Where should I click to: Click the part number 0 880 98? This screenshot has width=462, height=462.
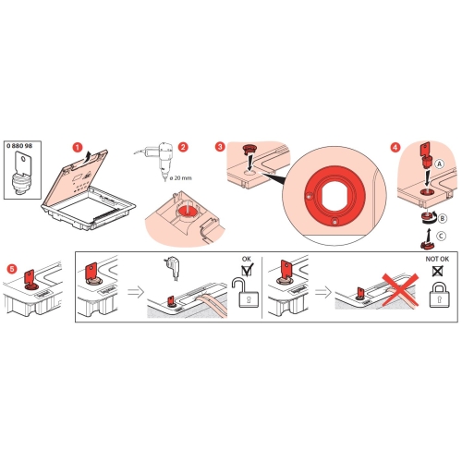click(x=19, y=145)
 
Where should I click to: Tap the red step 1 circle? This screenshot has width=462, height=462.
click(x=78, y=147)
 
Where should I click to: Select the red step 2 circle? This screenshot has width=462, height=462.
click(x=183, y=147)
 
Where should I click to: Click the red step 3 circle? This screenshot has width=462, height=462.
click(x=220, y=147)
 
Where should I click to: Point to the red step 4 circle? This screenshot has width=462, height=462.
click(x=395, y=147)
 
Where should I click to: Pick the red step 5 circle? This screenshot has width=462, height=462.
click(x=12, y=269)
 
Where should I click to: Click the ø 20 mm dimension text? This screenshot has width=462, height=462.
click(x=180, y=178)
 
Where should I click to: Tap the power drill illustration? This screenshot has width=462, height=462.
click(x=154, y=160)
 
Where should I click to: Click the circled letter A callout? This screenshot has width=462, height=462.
click(x=440, y=164)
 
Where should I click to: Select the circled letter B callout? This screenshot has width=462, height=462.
click(x=442, y=218)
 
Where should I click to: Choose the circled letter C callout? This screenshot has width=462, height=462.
click(x=441, y=236)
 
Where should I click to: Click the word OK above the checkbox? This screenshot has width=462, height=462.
click(x=247, y=259)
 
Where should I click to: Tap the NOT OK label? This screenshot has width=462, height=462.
click(x=437, y=259)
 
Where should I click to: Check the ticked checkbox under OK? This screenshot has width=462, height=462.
click(x=247, y=271)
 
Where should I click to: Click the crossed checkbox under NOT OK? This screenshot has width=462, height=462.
click(x=438, y=271)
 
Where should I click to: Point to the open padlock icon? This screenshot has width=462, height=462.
click(x=246, y=293)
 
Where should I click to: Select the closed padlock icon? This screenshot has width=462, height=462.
click(x=440, y=295)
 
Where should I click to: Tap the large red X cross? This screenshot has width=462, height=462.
click(x=400, y=289)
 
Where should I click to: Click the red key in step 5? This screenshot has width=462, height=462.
click(x=30, y=278)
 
